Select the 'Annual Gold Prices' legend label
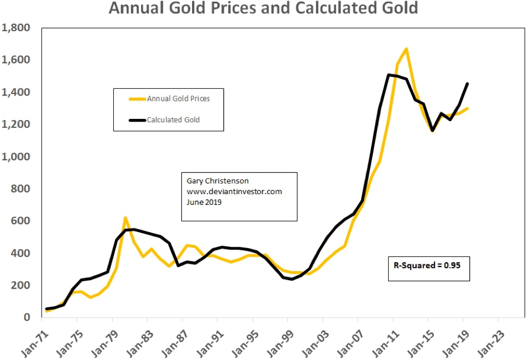[178, 98]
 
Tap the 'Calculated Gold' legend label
[173, 119]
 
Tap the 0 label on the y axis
[26, 317]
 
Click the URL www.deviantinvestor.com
[234, 192]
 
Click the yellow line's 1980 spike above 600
[125, 218]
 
